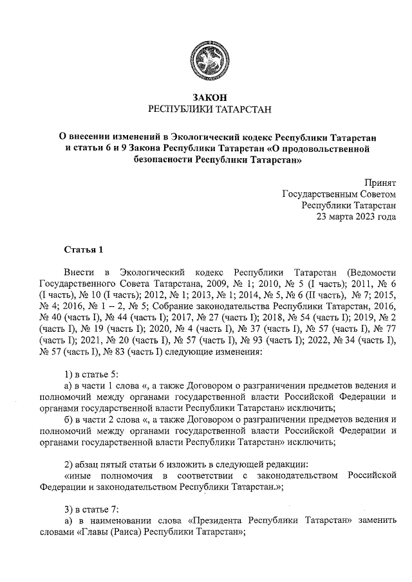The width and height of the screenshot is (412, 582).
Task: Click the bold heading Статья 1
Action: (x=84, y=249)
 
